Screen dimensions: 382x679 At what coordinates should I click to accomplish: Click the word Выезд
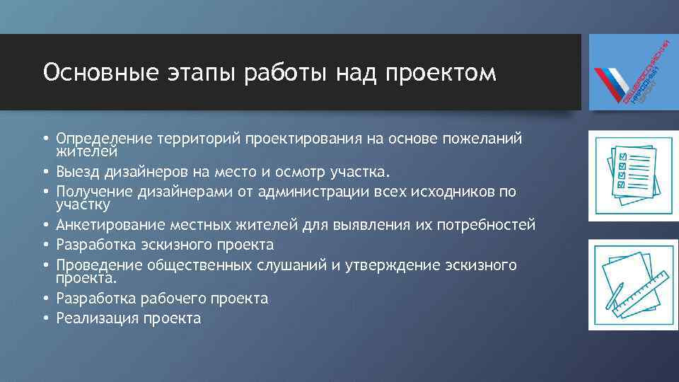pos(77,173)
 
